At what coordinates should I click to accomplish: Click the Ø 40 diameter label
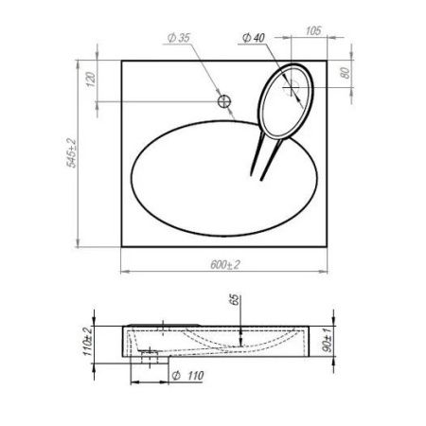[x=253, y=36]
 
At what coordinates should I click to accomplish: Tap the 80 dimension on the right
[x=346, y=73]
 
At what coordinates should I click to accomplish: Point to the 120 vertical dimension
[x=90, y=80]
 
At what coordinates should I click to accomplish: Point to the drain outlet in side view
[x=147, y=359]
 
